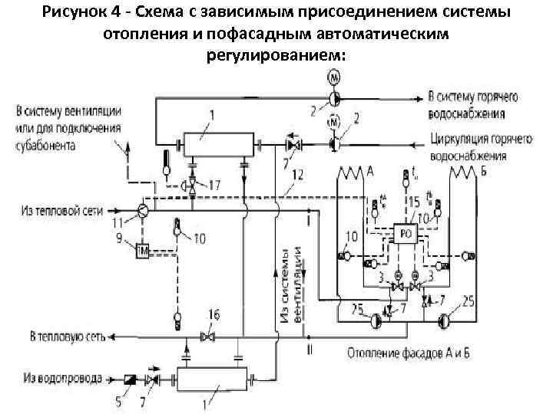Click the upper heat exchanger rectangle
coord(218,143)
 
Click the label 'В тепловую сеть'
coord(67,337)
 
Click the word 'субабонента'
coord(43,146)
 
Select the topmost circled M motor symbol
coord(333,78)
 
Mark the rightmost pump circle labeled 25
coord(445,320)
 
